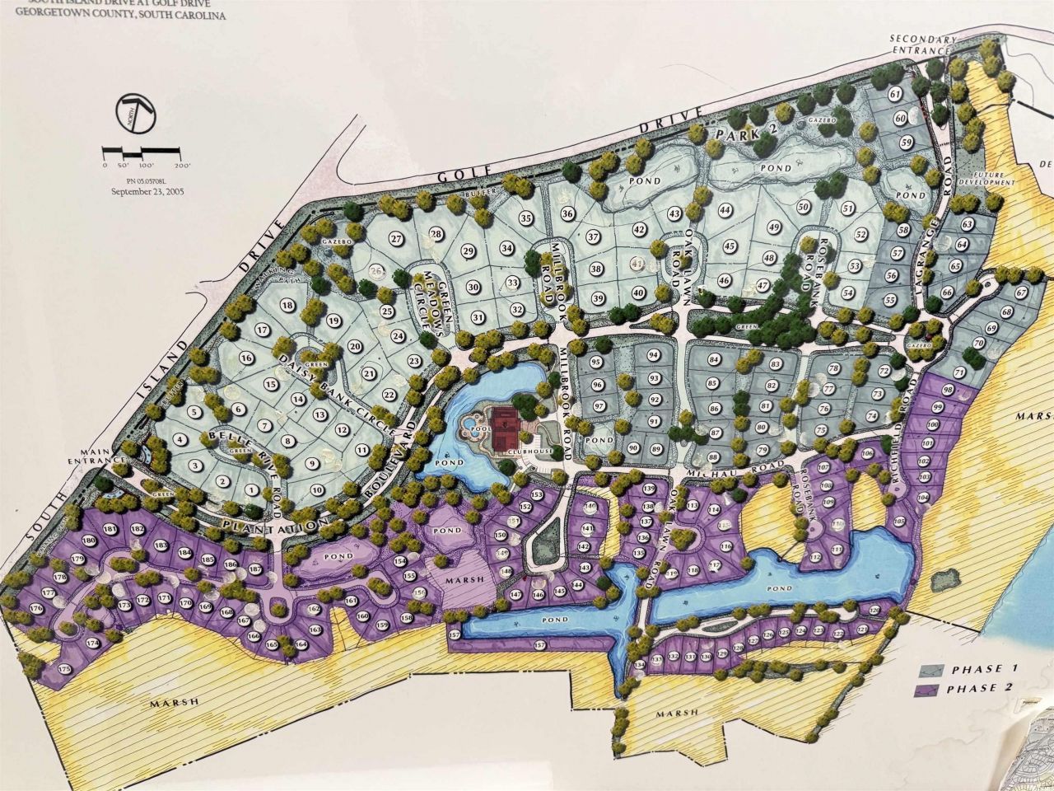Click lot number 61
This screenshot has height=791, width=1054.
click(895, 95)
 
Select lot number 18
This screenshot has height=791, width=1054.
click(287, 305)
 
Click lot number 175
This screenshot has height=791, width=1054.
click(63, 668)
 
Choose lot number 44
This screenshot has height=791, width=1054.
click(725, 210)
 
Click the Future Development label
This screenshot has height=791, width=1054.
click(992, 180)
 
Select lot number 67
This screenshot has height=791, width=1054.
click(1021, 293)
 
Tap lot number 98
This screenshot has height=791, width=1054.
click(948, 389)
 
